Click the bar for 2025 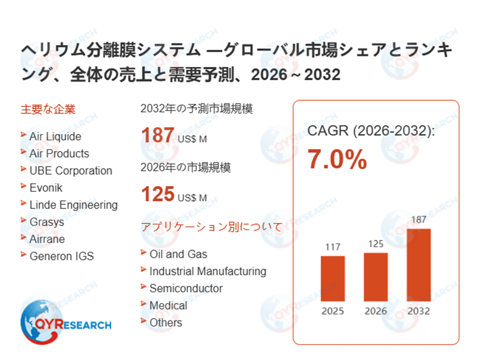(x=333, y=278)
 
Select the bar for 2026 (x=376, y=276)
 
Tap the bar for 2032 (x=419, y=264)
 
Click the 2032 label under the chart (x=419, y=311)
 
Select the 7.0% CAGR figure (x=337, y=160)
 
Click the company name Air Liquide (x=55, y=136)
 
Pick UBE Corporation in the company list (x=71, y=171)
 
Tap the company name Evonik (x=46, y=188)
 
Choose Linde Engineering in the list (x=73, y=205)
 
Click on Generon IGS (x=61, y=256)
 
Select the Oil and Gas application (x=178, y=254)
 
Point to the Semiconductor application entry (x=185, y=289)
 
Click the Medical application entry (x=168, y=306)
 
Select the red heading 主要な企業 (x=48, y=110)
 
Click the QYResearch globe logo (x=36, y=321)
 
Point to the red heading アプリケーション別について (x=211, y=227)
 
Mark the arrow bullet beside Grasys (x=23, y=221)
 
